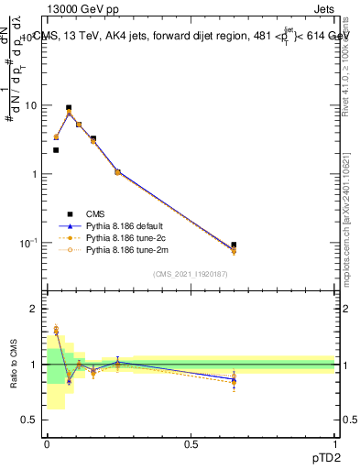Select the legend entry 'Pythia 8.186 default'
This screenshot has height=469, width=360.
(124, 224)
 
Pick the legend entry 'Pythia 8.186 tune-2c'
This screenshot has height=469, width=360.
(124, 236)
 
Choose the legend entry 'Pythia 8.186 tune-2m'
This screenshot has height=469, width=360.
(124, 248)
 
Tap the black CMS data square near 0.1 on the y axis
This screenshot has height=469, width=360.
(234, 245)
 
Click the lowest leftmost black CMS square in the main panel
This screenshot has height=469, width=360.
(56, 150)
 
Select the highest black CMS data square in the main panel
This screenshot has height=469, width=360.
(69, 108)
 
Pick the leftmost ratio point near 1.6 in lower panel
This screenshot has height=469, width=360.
(56, 330)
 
